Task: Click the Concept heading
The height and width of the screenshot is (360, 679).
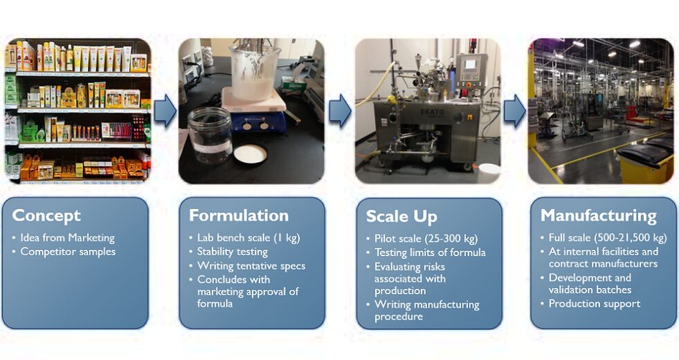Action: [46, 216]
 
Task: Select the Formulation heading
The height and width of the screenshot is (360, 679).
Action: [239, 215]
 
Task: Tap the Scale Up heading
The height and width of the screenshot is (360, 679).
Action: [401, 217]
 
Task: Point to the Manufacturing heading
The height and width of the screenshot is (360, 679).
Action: [599, 215]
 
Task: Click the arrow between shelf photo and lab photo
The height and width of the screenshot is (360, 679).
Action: [165, 111]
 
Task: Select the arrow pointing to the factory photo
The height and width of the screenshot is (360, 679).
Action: [514, 111]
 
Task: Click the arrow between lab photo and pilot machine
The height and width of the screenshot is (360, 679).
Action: [340, 111]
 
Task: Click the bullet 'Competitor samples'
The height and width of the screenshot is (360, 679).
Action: [68, 252]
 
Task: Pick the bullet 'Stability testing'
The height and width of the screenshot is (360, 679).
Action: [233, 252]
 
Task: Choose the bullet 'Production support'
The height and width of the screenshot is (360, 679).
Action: [594, 304]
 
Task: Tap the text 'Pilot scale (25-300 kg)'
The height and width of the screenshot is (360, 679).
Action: [426, 239]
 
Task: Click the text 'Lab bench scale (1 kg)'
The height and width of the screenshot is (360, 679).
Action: [248, 238]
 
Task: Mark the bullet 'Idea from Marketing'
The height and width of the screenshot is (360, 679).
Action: [68, 238]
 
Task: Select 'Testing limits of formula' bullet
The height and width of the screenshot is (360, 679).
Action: [430, 253]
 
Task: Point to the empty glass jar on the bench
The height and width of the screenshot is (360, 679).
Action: [210, 135]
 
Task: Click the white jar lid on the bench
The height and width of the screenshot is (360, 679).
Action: [251, 154]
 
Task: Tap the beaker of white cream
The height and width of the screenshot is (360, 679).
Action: [253, 71]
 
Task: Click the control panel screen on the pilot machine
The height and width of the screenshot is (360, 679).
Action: [470, 64]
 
